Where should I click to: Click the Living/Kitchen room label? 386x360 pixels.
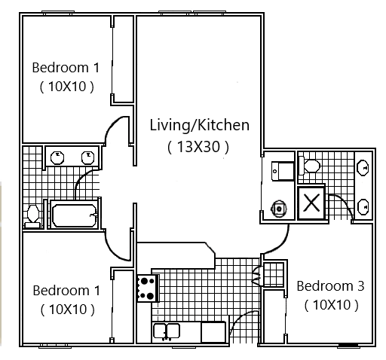click(199, 124)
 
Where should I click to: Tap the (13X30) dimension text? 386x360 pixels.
click(198, 147)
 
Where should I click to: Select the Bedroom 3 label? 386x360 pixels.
click(330, 286)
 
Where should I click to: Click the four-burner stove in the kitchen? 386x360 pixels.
click(146, 286)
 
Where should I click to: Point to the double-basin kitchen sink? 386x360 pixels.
click(166, 331)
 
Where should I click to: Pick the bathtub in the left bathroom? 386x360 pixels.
click(73, 213)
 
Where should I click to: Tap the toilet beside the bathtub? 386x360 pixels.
click(32, 214)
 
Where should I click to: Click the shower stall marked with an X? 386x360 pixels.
click(311, 203)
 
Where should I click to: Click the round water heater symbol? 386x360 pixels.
click(279, 207)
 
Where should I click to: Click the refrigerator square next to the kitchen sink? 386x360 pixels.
click(213, 331)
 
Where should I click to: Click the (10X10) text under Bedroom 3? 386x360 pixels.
click(330, 305)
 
